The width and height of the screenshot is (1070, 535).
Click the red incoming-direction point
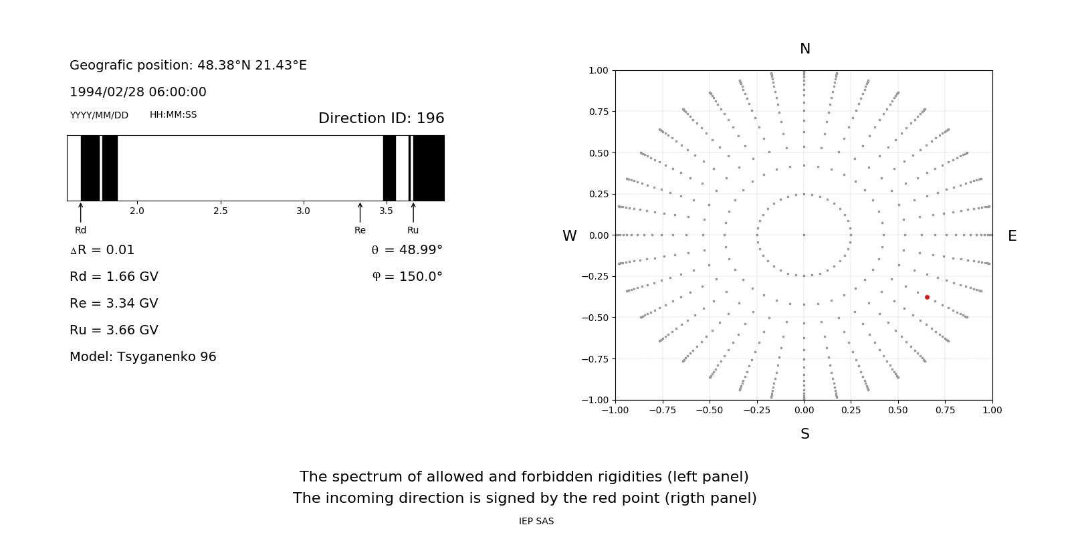[927, 297]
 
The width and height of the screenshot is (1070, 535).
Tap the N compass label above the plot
[805, 49]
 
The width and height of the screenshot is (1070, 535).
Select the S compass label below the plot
[805, 434]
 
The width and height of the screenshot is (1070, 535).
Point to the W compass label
[569, 236]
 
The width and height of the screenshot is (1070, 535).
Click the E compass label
[1012, 236]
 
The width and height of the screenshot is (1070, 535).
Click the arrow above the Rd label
[81, 212]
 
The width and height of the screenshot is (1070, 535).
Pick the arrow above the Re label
[360, 212]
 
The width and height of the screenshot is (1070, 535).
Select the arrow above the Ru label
[413, 212]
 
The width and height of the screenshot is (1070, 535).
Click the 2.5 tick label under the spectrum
[220, 211]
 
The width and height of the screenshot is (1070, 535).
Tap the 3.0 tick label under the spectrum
[303, 211]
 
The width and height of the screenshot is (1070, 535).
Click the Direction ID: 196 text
[381, 118]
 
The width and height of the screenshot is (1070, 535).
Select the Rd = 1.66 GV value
[114, 277]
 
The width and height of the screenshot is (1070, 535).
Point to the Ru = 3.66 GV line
[114, 330]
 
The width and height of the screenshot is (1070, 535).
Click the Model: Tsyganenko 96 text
[143, 357]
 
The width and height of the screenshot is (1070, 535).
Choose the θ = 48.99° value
[407, 250]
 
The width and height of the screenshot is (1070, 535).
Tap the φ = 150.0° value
[407, 277]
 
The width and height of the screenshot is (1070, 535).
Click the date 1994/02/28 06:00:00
[138, 92]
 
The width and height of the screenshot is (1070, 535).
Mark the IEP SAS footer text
[536, 522]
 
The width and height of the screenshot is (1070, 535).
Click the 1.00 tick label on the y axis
[598, 70]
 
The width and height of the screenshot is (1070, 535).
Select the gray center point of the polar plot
[804, 235]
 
